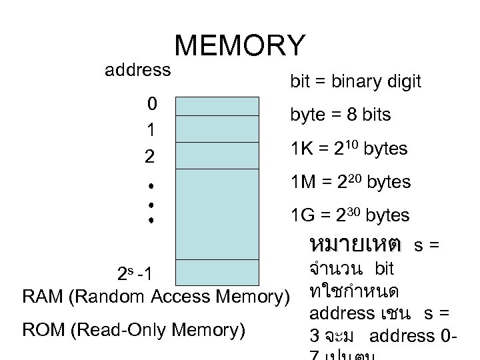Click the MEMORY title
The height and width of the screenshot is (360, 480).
pos(240,46)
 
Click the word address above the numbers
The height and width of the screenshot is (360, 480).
pos(137,69)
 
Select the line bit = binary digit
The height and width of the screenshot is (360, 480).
pos(355,82)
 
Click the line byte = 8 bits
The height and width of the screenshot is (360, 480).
pos(341,115)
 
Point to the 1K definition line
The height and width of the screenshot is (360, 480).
pos(349,149)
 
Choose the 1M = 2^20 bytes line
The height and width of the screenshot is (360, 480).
pos(351,181)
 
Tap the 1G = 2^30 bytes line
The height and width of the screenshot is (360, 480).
pos(351,215)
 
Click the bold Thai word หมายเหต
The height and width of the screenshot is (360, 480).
pos(355,244)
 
